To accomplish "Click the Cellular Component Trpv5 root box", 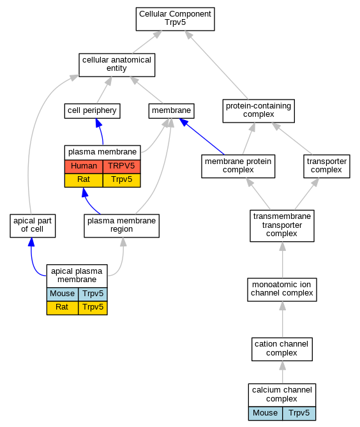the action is (175, 19).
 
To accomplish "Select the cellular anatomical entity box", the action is (117, 65).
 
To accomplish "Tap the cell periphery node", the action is (92, 111).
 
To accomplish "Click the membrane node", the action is (171, 111).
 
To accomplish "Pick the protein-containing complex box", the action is (259, 111).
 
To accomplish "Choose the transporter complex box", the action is (327, 166).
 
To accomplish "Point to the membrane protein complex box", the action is (238, 166).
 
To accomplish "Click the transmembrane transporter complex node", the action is (282, 226).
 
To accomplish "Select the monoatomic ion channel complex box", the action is (282, 290).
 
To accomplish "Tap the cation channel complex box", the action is (282, 349).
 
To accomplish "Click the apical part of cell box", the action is (33, 226).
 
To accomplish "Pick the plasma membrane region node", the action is (121, 226).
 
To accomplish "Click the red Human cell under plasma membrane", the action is (84, 167).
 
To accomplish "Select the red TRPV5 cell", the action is (121, 167).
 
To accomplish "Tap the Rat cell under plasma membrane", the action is (84, 180).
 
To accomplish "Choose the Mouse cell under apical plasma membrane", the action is (63, 294).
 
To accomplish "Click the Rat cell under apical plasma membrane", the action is (63, 308).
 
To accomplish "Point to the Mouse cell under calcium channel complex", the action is (266, 414).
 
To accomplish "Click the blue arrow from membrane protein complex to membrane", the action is (202, 137).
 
